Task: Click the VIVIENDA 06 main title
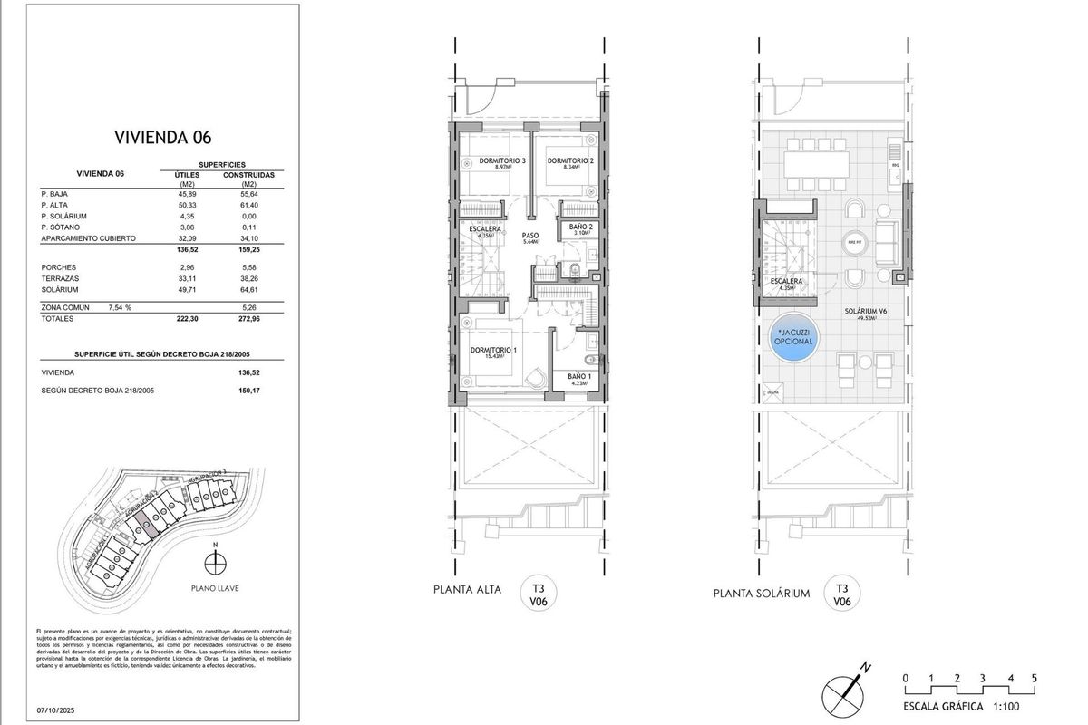(x=163, y=138)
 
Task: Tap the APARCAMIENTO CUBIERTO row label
(x=89, y=237)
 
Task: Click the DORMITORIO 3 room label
(x=491, y=161)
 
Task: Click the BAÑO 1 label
(x=579, y=376)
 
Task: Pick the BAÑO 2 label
(x=580, y=227)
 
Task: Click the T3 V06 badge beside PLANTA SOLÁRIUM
(x=841, y=594)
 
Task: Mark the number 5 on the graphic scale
(x=1035, y=677)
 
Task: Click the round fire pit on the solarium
(x=852, y=243)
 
